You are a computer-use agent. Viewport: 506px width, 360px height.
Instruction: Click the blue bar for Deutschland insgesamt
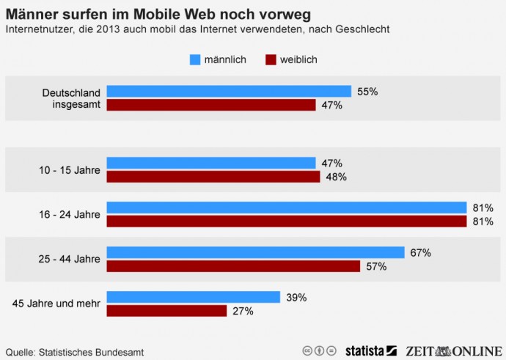[229, 91]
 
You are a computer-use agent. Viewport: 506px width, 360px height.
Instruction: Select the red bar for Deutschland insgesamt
[211, 105]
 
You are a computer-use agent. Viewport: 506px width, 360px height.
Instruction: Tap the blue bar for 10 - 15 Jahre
[211, 163]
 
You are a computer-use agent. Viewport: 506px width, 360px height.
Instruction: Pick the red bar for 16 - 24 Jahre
[287, 221]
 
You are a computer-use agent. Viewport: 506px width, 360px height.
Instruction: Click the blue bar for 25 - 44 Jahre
[255, 252]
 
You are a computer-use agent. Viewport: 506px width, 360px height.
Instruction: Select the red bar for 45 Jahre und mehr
[166, 311]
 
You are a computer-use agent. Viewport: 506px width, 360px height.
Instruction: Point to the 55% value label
[367, 92]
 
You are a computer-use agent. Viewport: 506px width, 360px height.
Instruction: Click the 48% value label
[336, 177]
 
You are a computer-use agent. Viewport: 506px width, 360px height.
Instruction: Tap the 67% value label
[420, 253]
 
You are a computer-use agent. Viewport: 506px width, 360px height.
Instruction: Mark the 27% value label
[243, 311]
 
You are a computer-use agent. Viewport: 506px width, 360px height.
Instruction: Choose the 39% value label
[296, 297]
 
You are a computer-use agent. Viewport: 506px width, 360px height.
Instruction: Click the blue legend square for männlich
[194, 59]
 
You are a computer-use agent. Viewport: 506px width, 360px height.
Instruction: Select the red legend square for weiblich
[271, 59]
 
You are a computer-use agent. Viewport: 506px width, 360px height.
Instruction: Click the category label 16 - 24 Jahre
[69, 214]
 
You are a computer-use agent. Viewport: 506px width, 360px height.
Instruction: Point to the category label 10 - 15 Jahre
[69, 170]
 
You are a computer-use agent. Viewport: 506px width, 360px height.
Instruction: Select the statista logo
[370, 350]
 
